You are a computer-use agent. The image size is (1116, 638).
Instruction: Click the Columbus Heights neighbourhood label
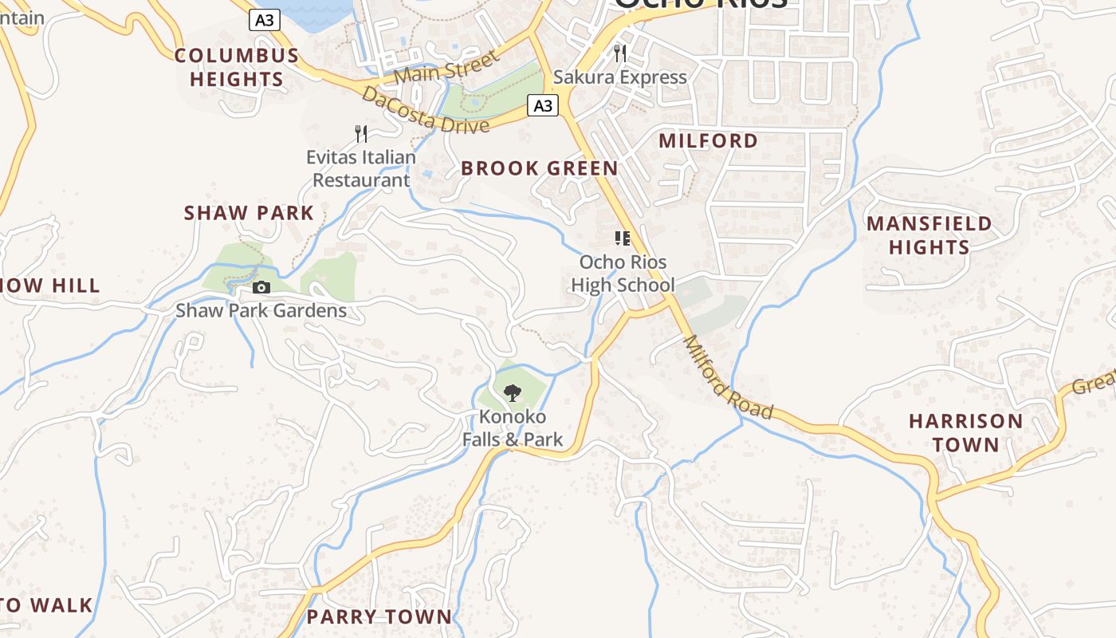click(x=237, y=67)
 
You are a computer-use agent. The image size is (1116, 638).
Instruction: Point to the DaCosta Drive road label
click(x=425, y=111)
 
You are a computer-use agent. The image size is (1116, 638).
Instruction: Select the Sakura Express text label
click(x=619, y=77)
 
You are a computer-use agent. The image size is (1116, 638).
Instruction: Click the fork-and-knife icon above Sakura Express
click(x=620, y=53)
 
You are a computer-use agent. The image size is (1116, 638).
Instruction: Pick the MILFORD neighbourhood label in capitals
click(x=709, y=141)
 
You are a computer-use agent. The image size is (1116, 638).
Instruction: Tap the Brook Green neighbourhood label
click(x=539, y=168)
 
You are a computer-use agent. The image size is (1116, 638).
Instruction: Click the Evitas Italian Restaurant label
click(x=361, y=168)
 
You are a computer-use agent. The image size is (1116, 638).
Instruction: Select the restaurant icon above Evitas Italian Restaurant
click(x=361, y=133)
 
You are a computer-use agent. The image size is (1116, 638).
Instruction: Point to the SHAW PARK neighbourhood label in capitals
click(x=249, y=213)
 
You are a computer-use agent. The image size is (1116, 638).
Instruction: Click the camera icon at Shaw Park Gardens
click(x=261, y=287)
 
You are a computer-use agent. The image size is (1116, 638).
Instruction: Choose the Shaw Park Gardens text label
click(x=261, y=310)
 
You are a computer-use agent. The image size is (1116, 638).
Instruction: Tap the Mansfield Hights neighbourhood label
click(x=929, y=234)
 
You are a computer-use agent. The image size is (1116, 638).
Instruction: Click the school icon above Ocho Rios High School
click(x=623, y=238)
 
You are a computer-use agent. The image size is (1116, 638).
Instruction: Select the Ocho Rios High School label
click(x=623, y=274)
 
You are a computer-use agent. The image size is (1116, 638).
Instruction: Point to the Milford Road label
click(x=728, y=377)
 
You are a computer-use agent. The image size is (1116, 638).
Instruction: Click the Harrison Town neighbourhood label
click(x=966, y=432)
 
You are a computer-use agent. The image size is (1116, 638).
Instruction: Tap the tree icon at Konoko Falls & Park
click(x=513, y=392)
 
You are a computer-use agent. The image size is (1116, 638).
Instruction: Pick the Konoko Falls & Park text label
click(x=513, y=427)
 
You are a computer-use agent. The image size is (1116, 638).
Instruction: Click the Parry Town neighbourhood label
click(x=379, y=616)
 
